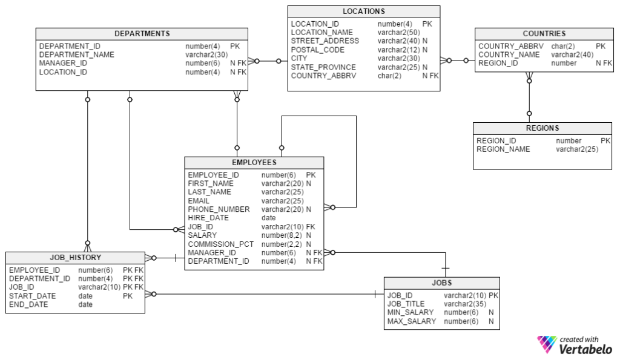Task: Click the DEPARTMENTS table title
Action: [x=142, y=33]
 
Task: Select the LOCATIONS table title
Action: [x=363, y=11]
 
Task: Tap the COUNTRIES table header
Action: [x=544, y=33]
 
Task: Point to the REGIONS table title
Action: [x=542, y=128]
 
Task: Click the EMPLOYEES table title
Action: [x=254, y=162]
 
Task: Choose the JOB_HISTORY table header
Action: [x=75, y=258]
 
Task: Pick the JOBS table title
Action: [x=441, y=283]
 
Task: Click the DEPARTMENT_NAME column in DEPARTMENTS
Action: [x=76, y=54]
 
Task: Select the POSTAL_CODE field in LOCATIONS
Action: [x=317, y=50]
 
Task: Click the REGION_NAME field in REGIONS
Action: [x=503, y=149]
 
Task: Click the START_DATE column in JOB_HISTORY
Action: [x=32, y=296]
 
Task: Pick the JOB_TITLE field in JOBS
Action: [x=406, y=304]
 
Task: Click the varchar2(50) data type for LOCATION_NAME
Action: [x=398, y=33]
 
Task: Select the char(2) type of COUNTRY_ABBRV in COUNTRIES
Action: [x=562, y=46]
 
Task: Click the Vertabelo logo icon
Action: [x=546, y=344]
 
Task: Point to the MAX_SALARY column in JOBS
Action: [x=411, y=321]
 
